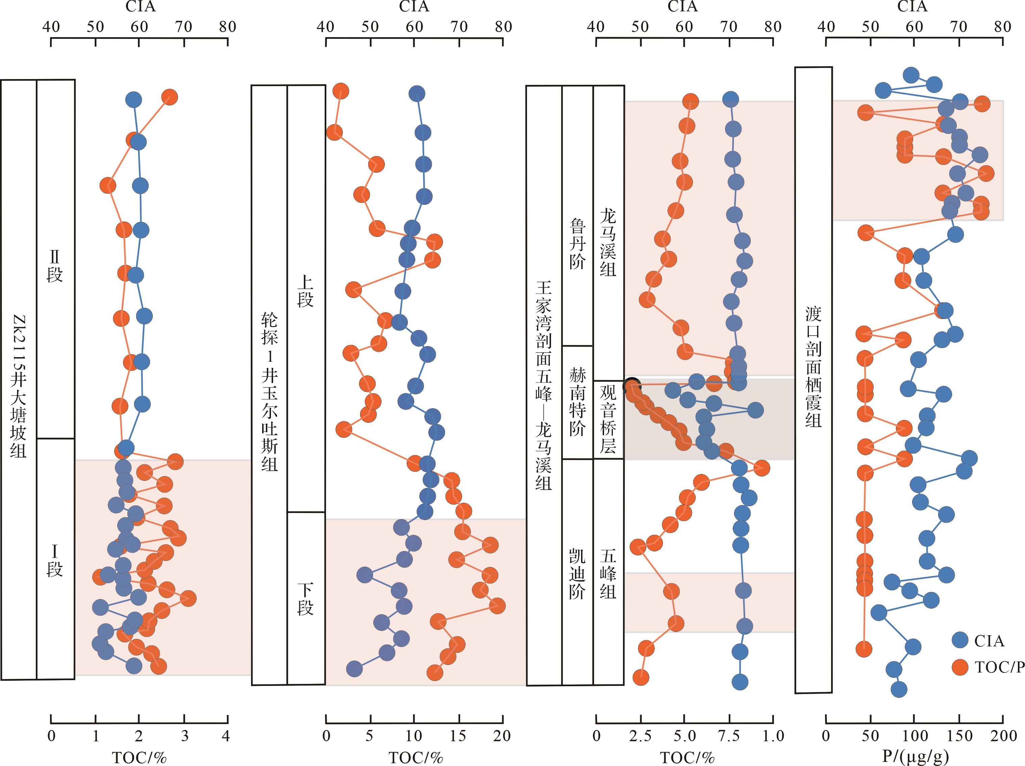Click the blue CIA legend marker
pyautogui.click(x=960, y=640)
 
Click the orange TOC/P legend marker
pyautogui.click(x=960, y=667)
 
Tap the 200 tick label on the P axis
pyautogui.click(x=1003, y=736)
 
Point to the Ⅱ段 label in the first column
pyautogui.click(x=55, y=267)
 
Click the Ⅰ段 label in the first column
pyautogui.click(x=55, y=561)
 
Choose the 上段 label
pyautogui.click(x=305, y=292)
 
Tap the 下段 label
pyautogui.click(x=305, y=599)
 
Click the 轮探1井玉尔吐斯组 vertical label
pyautogui.click(x=269, y=392)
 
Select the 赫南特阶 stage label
pyautogui.click(x=577, y=402)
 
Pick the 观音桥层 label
pyautogui.click(x=608, y=419)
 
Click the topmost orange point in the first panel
pyautogui.click(x=170, y=97)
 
